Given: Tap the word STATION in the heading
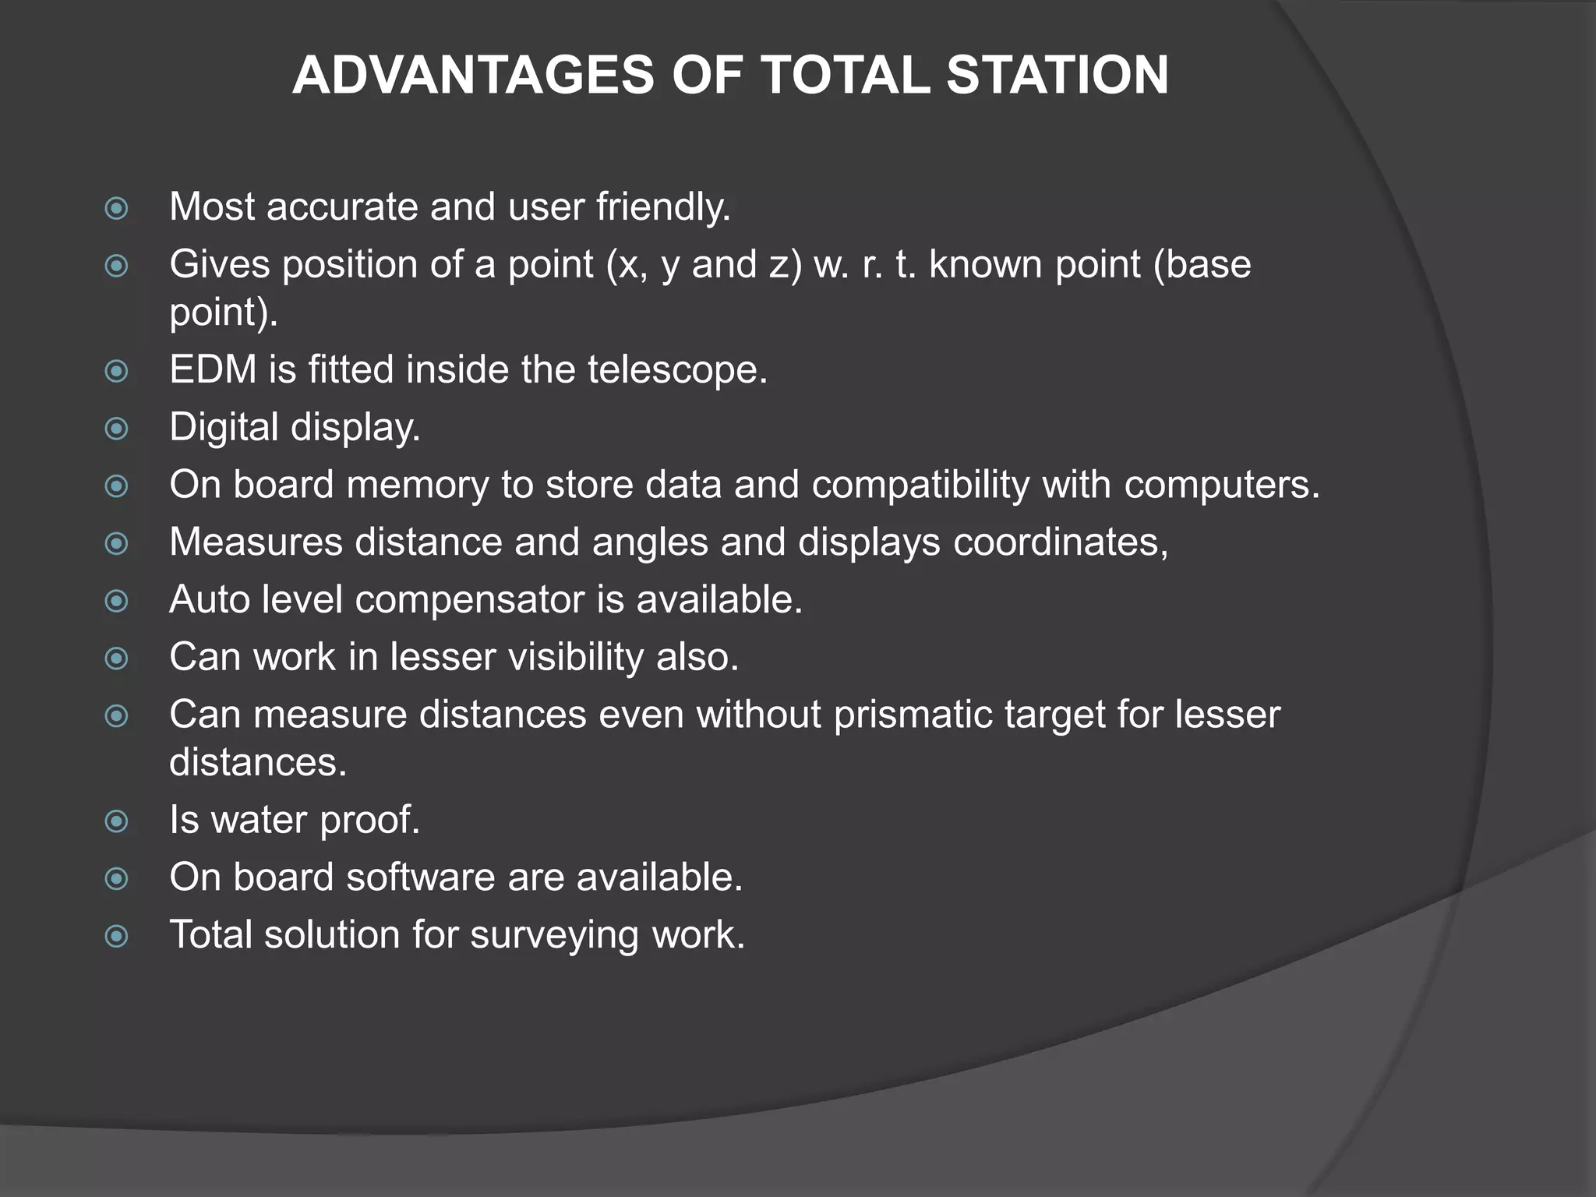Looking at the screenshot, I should pyautogui.click(x=1058, y=76).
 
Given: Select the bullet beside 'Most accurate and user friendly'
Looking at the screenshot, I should pyautogui.click(x=117, y=208).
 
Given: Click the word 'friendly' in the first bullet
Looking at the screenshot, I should pyautogui.click(x=663, y=207).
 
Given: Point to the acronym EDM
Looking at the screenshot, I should pyautogui.click(x=213, y=369).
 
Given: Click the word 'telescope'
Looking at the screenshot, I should pyautogui.click(x=677, y=369).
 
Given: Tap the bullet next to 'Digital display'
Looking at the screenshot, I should pyautogui.click(x=117, y=429).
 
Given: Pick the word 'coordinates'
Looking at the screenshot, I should pyautogui.click(x=1061, y=542).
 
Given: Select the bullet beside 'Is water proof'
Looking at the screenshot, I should pyautogui.click(x=117, y=821).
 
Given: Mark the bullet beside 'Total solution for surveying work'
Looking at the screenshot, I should pyautogui.click(x=117, y=936).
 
